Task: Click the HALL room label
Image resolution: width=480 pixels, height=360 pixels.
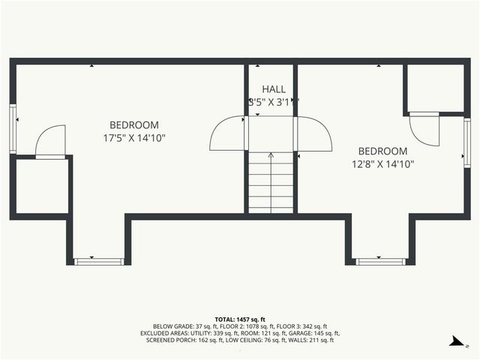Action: coord(274,89)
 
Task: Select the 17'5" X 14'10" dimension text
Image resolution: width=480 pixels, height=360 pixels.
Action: coord(134,138)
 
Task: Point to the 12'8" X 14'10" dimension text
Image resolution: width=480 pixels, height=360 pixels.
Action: coord(382,163)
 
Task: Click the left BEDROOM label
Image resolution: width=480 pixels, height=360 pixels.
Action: coord(134,124)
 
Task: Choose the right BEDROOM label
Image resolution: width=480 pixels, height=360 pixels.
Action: coord(382,151)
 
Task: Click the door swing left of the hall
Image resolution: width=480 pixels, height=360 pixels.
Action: coord(227,134)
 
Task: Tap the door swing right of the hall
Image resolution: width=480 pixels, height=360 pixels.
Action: coord(314,134)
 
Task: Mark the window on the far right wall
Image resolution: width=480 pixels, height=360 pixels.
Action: coord(466,142)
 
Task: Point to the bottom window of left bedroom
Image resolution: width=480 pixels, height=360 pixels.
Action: coord(99,261)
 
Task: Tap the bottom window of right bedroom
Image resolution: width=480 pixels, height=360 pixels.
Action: coord(380,261)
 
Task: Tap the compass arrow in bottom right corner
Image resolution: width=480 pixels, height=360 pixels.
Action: coord(455,341)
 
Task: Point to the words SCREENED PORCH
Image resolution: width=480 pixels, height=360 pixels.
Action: coord(169,340)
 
